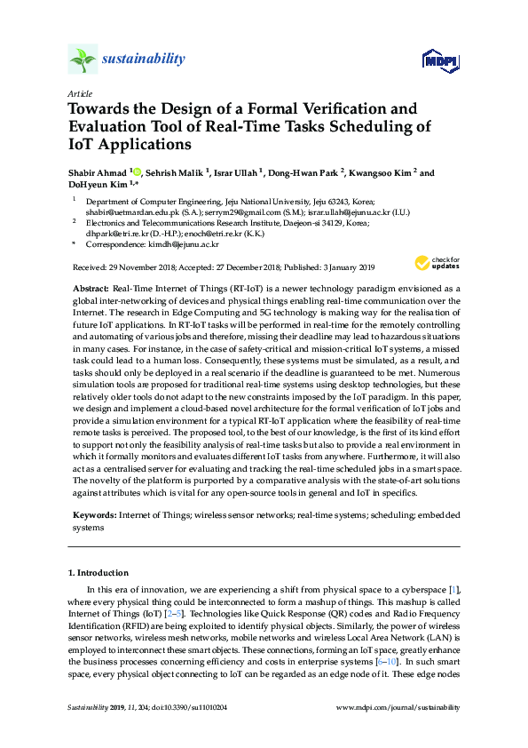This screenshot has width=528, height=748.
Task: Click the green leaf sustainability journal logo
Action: [x=83, y=60]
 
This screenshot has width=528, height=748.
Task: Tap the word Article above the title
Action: [x=79, y=93]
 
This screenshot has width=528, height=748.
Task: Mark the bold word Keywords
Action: [x=93, y=515]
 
